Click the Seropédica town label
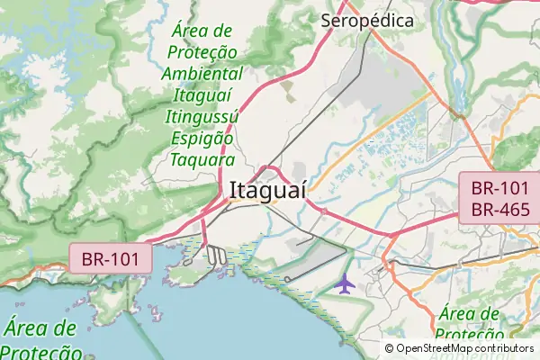click(368, 21)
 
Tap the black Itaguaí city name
click(268, 191)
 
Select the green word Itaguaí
click(203, 95)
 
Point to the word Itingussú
click(202, 117)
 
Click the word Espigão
click(203, 139)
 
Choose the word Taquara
click(203, 160)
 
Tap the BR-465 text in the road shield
click(499, 210)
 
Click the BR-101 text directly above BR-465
click(499, 189)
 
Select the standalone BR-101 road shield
click(111, 259)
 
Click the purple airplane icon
click(345, 283)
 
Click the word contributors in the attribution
click(505, 348)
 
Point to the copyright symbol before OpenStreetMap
click(390, 348)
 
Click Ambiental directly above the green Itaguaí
click(203, 74)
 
